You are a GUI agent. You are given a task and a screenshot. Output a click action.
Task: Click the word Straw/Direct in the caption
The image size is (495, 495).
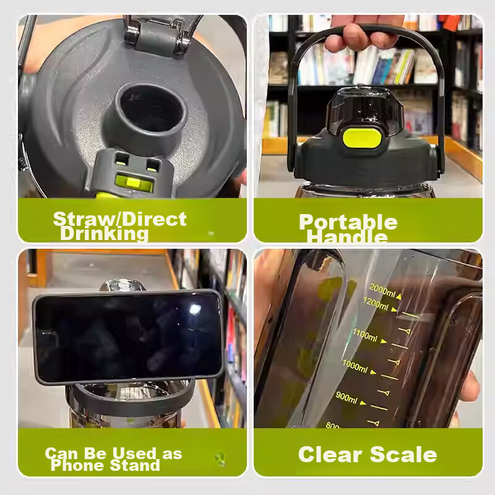[119, 218]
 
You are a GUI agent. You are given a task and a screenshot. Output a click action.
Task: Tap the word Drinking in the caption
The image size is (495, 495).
[105, 234]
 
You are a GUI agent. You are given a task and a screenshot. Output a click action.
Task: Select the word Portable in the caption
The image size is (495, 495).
[348, 222]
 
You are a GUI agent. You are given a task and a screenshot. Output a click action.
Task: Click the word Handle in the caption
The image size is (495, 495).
[347, 237]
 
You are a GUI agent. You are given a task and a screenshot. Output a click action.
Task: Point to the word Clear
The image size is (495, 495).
[330, 454]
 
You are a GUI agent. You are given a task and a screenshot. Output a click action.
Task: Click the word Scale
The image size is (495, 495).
[403, 454]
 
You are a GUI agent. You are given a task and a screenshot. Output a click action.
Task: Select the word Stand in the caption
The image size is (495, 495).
[135, 465]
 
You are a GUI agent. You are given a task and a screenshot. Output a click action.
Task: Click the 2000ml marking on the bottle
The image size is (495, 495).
[382, 290]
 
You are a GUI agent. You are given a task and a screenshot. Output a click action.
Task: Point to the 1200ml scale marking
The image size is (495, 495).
[376, 304]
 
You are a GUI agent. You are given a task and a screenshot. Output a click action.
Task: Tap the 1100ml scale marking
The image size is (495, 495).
[365, 335]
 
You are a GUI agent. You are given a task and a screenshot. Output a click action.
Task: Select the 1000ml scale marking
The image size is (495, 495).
[355, 366]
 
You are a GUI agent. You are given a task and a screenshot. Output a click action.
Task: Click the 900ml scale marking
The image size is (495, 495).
[346, 397]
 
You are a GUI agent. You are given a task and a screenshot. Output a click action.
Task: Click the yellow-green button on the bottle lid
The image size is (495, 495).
[361, 138]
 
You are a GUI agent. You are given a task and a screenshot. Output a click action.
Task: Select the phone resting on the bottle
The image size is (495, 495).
[128, 337]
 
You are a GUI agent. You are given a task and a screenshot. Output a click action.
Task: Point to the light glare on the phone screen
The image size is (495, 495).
[194, 309]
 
